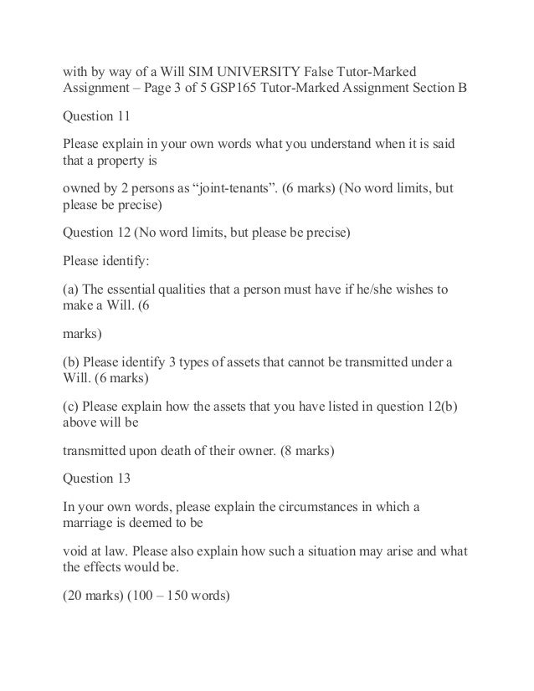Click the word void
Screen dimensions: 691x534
click(x=78, y=551)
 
